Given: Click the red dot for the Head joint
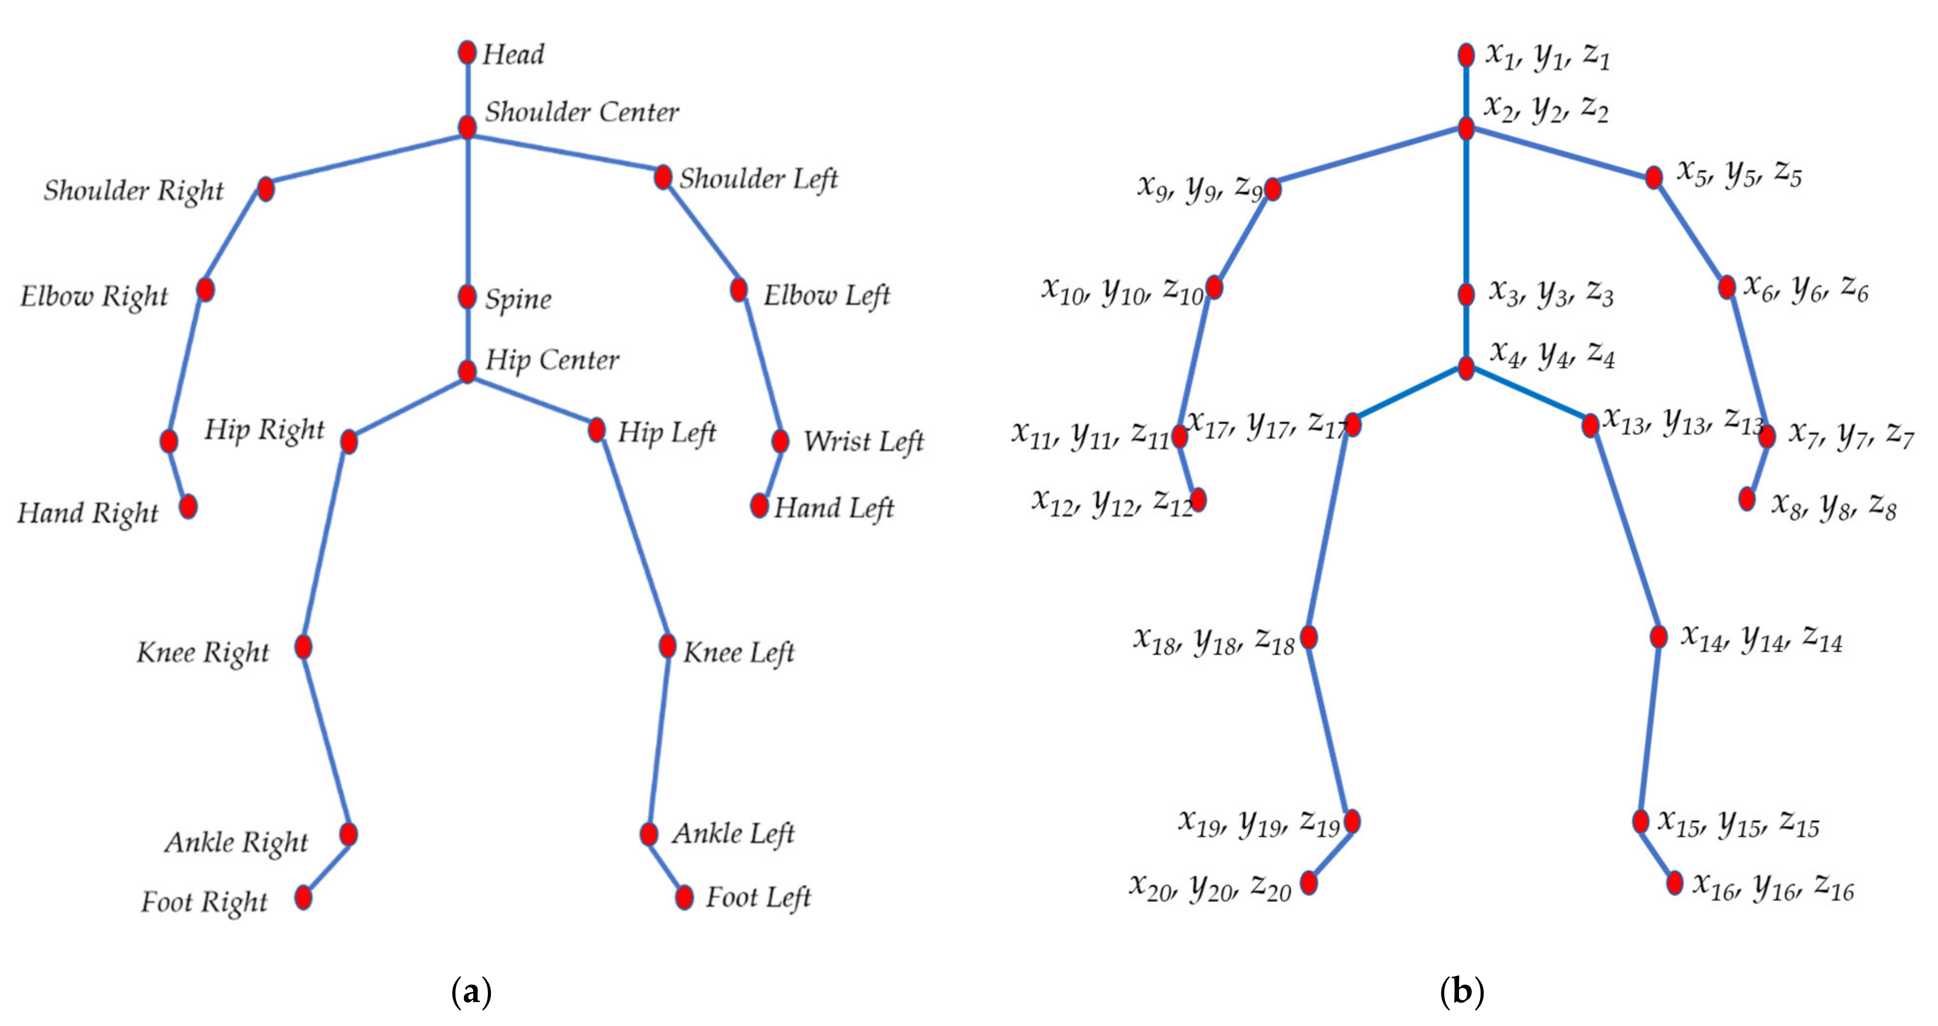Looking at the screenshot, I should coord(467,53).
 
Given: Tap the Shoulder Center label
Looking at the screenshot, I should coord(581,112).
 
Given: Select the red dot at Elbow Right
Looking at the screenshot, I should coord(205,290).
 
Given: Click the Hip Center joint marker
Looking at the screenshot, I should coord(467,372).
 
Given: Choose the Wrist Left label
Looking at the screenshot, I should coord(863,442).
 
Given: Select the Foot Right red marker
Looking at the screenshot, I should coord(303,897).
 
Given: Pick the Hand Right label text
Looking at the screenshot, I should coord(88,513).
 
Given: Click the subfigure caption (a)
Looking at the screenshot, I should coord(471,992).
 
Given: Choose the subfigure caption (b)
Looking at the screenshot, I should coord(1462,992).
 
